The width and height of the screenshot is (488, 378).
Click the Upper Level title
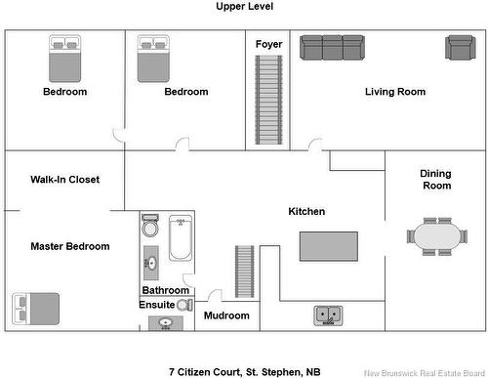244,6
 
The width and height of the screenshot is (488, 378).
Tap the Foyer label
268,44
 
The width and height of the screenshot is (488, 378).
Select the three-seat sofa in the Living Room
332,48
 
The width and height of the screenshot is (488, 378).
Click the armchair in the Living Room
461,48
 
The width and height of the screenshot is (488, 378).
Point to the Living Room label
395,92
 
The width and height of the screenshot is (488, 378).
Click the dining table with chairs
437,236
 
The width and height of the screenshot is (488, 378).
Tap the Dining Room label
436,180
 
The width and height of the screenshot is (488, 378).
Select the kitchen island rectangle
329,246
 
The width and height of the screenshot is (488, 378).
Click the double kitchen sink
328,315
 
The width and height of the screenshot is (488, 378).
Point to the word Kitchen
306,211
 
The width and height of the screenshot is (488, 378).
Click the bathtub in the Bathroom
181,237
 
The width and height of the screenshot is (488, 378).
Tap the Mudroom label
226,315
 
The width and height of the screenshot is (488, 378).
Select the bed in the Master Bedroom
36,309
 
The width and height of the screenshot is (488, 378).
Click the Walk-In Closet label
65,180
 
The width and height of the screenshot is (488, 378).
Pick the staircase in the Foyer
268,100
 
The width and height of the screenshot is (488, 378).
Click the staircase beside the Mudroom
245,272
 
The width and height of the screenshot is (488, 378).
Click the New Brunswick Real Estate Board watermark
425,373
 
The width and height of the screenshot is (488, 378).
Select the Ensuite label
157,305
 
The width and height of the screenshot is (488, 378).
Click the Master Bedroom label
70,246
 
